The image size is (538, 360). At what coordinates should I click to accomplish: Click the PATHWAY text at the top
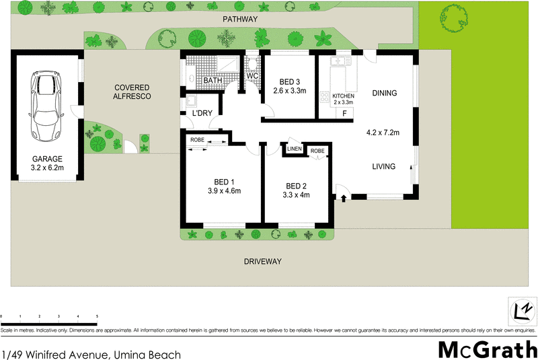click(240, 20)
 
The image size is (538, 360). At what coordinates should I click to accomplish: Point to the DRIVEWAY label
click(262, 261)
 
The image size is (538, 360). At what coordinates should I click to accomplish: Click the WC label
click(252, 76)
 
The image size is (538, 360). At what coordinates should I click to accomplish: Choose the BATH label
click(213, 81)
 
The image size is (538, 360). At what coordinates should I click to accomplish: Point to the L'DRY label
click(202, 114)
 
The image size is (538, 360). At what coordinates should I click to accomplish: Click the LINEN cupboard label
click(295, 149)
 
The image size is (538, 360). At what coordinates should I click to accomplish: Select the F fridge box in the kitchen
click(345, 112)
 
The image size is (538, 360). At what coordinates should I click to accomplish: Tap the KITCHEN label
click(343, 97)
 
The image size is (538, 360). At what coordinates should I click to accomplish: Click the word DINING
click(384, 94)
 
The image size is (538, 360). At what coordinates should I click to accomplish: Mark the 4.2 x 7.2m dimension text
click(383, 133)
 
